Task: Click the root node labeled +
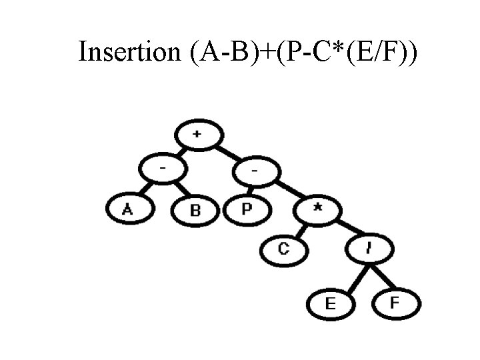198,135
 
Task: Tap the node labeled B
195,211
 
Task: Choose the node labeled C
285,250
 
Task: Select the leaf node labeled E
329,303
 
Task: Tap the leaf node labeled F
396,303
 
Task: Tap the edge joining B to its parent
179,192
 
